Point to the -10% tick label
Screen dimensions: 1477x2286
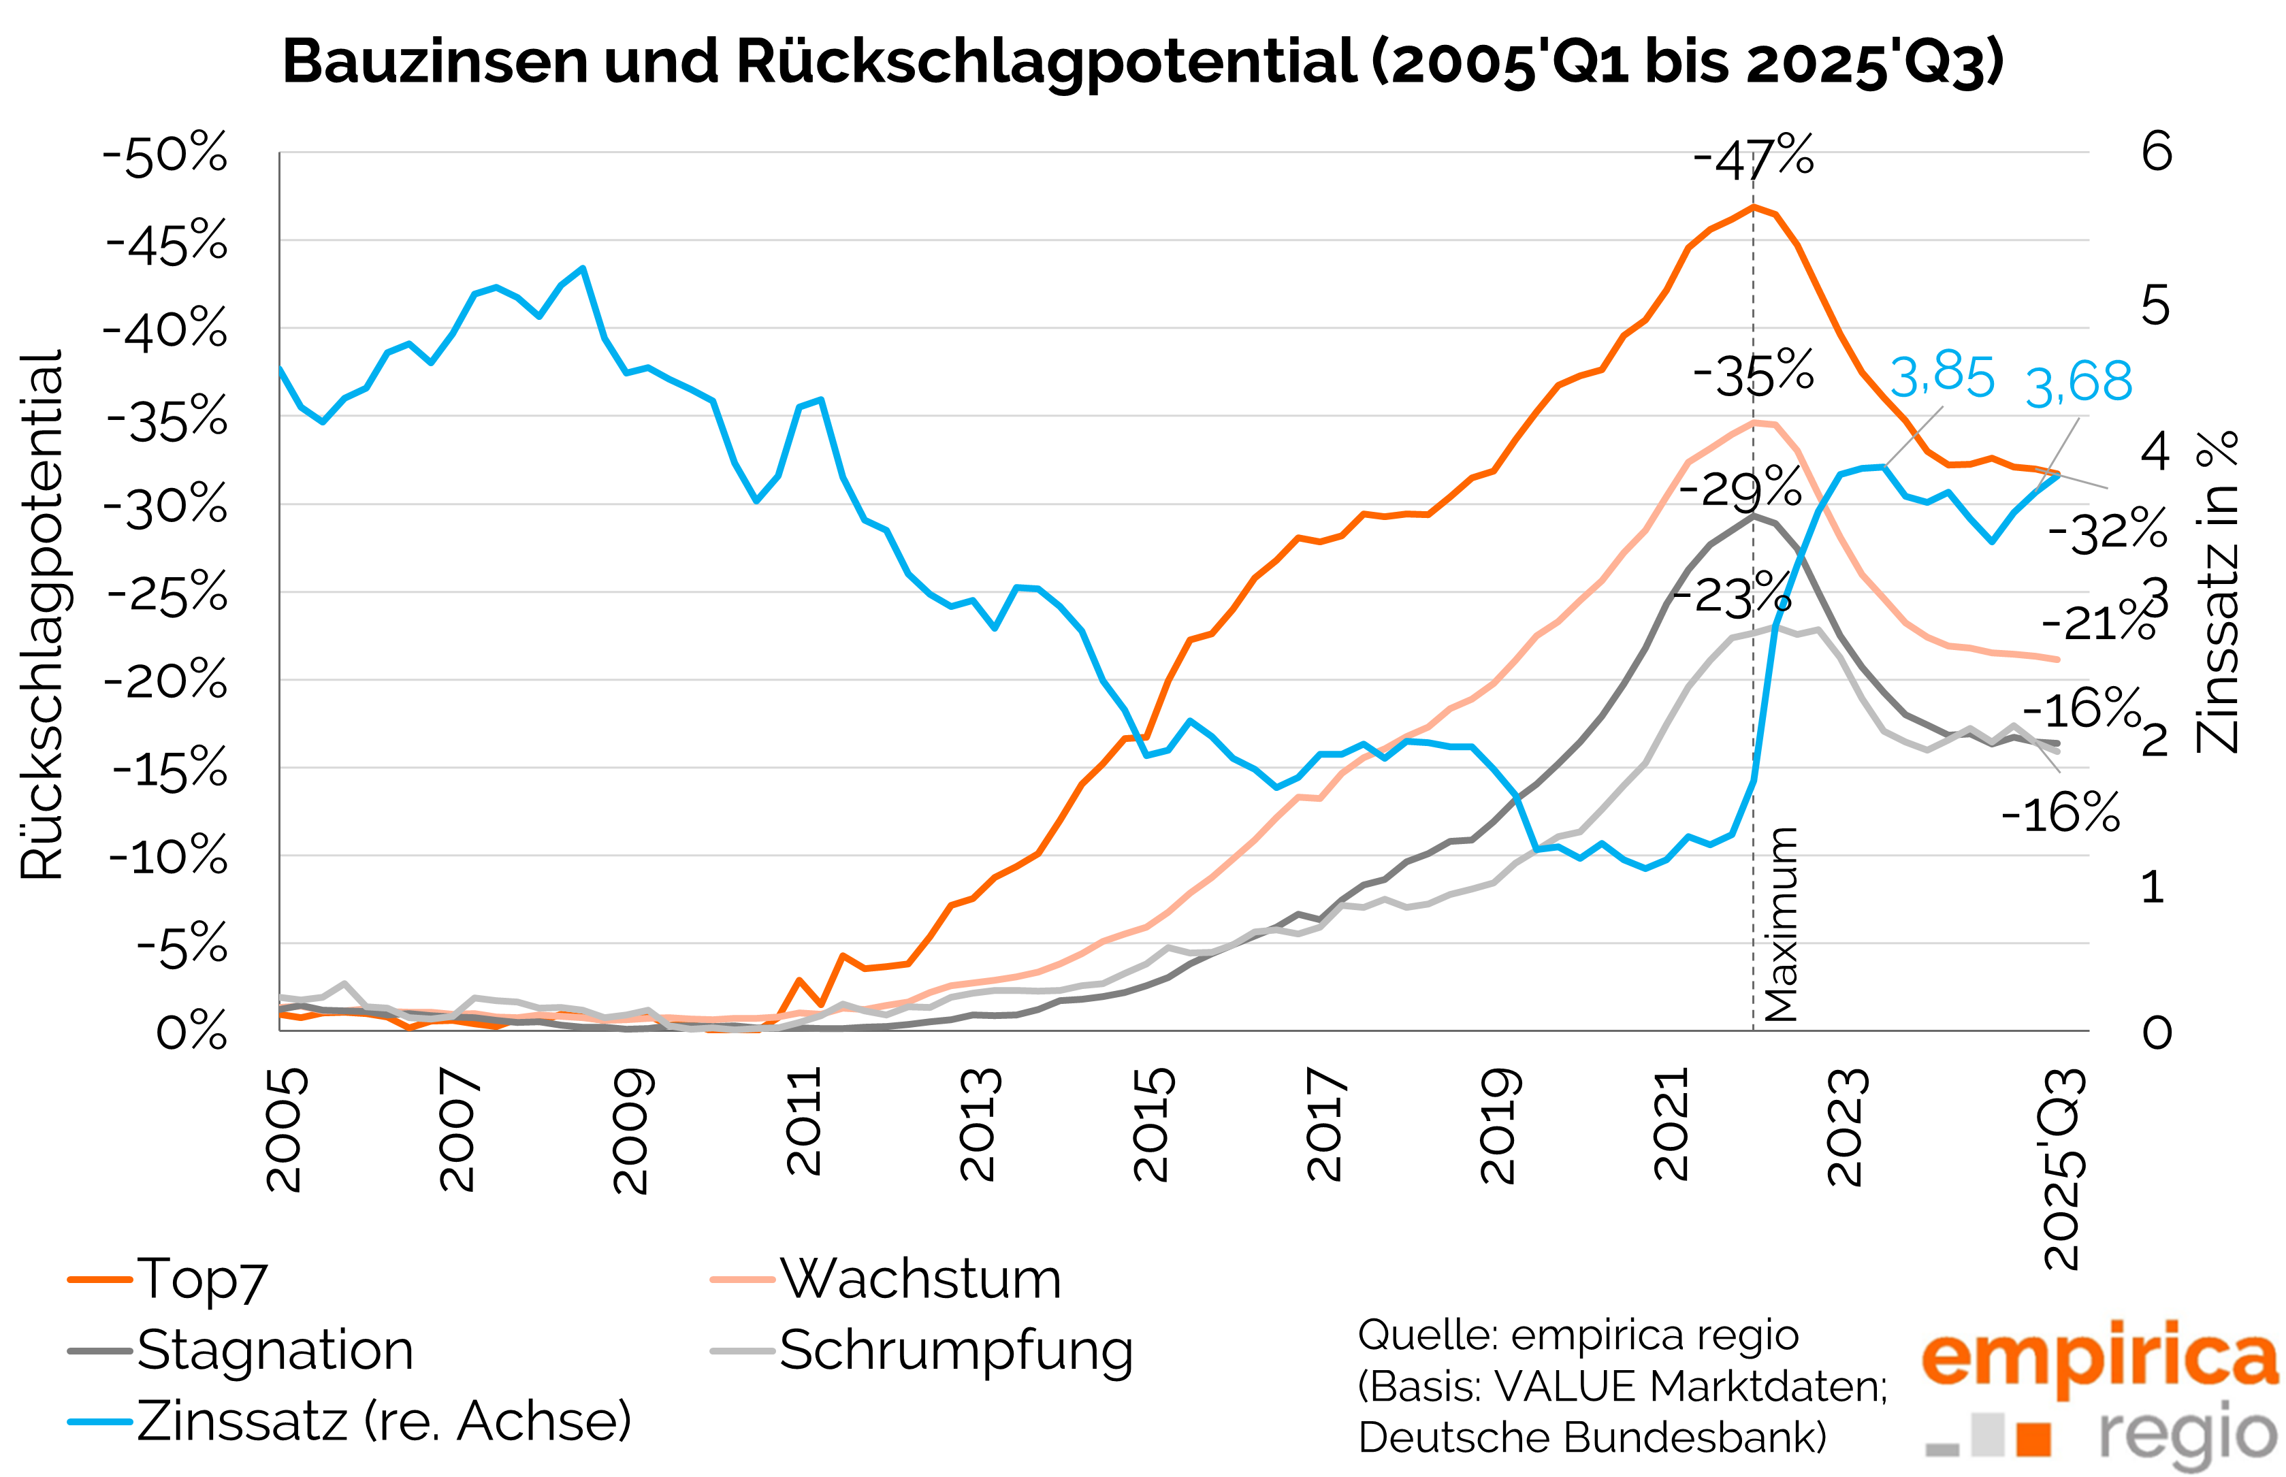169,856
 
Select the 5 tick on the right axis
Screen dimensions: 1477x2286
2155,307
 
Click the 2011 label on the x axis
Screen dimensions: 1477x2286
804,1122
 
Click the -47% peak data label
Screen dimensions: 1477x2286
1754,159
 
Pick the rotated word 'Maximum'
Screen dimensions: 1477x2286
1780,924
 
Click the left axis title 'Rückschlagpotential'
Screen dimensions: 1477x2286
42,614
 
